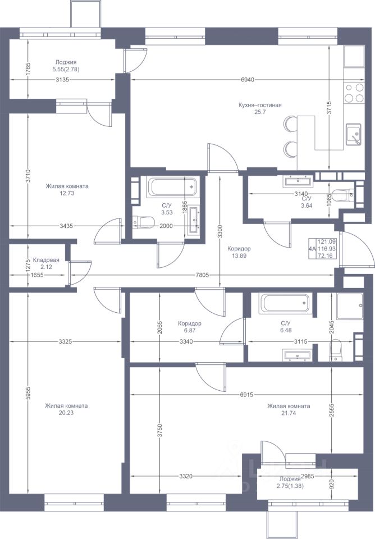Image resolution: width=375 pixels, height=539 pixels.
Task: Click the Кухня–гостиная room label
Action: [x=260, y=105]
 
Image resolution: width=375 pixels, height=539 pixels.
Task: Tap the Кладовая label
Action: [x=46, y=260]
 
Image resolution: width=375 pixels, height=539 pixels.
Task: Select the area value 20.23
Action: [x=66, y=413]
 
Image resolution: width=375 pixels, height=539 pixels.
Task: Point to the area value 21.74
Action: [x=289, y=413]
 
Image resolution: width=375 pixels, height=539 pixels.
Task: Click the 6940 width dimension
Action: [x=248, y=80]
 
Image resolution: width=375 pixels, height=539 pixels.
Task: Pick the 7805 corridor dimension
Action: [x=202, y=275]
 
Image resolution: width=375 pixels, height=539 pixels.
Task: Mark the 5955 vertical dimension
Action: [x=29, y=393]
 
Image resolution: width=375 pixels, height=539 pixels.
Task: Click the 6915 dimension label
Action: [x=246, y=395]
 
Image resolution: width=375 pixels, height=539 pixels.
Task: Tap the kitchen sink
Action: [x=353, y=134]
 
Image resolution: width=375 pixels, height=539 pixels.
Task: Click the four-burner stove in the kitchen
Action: [x=354, y=93]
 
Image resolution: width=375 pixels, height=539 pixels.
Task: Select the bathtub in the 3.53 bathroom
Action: [x=172, y=186]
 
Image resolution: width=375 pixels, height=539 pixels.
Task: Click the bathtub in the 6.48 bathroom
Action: [x=285, y=303]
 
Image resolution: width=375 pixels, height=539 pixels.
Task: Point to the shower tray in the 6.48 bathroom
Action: [x=350, y=307]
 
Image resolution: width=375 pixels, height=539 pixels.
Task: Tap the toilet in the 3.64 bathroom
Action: [x=342, y=195]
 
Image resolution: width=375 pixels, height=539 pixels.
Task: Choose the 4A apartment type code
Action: [x=312, y=249]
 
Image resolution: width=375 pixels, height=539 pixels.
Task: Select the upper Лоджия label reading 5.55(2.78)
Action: [x=66, y=66]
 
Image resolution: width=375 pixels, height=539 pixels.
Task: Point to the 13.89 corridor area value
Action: [x=239, y=256]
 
